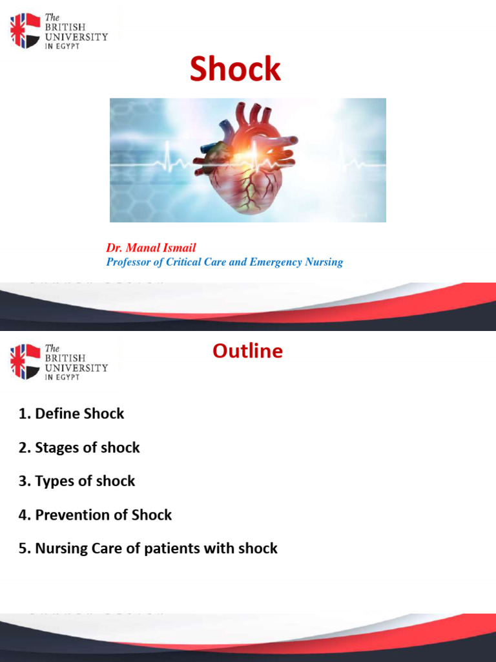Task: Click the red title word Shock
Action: click(235, 70)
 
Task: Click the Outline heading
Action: click(247, 351)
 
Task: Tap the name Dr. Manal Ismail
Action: click(151, 248)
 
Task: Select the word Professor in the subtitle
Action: click(129, 262)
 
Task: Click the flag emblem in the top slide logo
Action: click(25, 31)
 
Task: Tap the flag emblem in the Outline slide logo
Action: click(25, 361)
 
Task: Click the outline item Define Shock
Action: click(79, 414)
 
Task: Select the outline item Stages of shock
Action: click(87, 447)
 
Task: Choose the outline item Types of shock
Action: click(85, 481)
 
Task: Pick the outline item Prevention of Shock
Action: click(103, 515)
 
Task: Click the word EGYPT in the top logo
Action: click(68, 47)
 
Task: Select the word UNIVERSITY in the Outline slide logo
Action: click(76, 368)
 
